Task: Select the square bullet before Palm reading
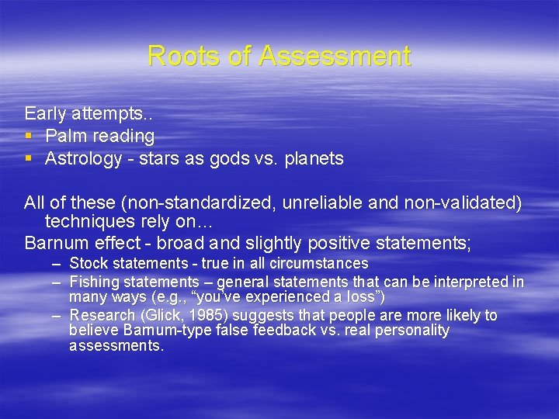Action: click(x=29, y=137)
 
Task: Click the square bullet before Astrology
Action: click(x=29, y=159)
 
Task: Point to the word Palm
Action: click(x=64, y=137)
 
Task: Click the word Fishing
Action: click(x=92, y=282)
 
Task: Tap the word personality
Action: click(x=411, y=331)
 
